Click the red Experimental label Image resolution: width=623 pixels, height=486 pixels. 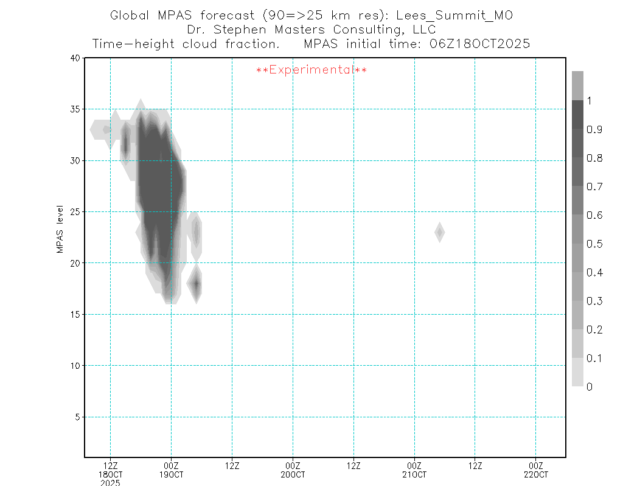pyautogui.click(x=311, y=70)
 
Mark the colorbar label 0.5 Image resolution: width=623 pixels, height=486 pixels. pyautogui.click(x=595, y=244)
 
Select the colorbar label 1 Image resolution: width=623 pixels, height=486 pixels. pyautogui.click(x=589, y=101)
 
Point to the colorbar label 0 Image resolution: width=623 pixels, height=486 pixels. pyautogui.click(x=589, y=387)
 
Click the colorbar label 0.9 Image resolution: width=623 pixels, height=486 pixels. pyautogui.click(x=595, y=130)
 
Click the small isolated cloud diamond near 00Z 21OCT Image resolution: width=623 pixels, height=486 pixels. pyautogui.click(x=439, y=232)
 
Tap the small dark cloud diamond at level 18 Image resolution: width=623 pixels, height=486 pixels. pyautogui.click(x=195, y=284)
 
